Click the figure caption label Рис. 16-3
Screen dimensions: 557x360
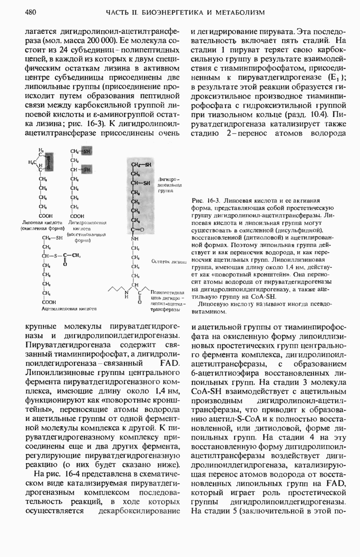tap(205, 201)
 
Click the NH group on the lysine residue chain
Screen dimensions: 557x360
tap(135, 240)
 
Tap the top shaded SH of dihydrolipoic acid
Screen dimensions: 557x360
tap(87, 151)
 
